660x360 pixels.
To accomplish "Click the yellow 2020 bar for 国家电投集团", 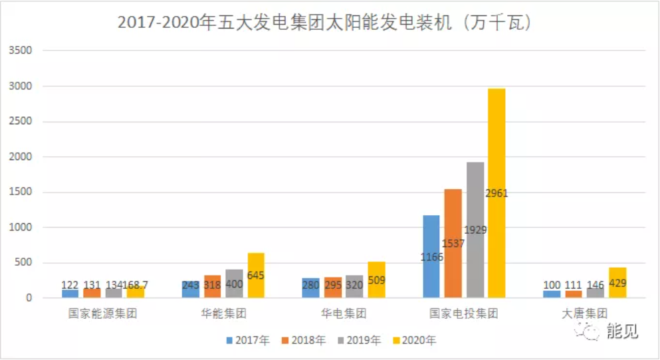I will [x=496, y=193].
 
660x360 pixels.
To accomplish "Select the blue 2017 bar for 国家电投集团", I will [x=431, y=256].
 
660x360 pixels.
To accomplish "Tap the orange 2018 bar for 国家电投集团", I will [x=453, y=243].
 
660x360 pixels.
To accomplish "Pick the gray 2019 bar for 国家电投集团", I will [x=475, y=229].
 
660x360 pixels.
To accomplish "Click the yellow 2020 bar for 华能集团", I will [x=256, y=275].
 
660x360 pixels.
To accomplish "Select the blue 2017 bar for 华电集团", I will [x=310, y=288].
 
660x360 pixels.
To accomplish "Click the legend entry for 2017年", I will [x=249, y=341].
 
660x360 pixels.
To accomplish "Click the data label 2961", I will [x=497, y=194].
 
